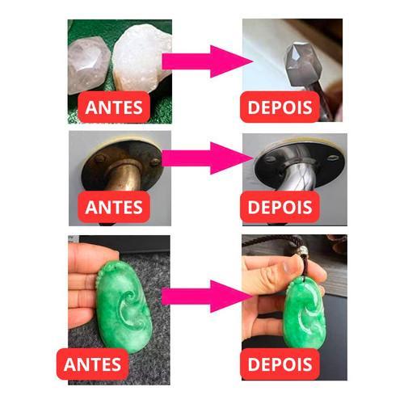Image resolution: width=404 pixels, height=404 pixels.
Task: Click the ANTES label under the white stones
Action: tap(114, 107)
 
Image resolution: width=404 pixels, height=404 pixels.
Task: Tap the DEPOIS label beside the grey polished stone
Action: tap(280, 107)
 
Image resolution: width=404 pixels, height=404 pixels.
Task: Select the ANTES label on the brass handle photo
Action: tap(114, 207)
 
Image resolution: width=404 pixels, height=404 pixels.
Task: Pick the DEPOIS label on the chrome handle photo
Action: tap(280, 207)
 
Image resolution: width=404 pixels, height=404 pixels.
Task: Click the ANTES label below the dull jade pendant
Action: tap(92, 364)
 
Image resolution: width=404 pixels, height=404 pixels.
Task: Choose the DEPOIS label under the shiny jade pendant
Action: tap(280, 364)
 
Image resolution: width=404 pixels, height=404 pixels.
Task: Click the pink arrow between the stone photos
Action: tap(208, 61)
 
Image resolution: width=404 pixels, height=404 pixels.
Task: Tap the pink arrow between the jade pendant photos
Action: tap(208, 297)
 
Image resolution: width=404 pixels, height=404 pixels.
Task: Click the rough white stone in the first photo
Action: tap(141, 58)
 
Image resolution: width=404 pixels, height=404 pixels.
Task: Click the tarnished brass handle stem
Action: tap(124, 175)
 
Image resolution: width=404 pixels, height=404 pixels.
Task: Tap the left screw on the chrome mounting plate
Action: tap(269, 159)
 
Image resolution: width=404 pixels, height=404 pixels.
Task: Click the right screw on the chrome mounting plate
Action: tap(333, 158)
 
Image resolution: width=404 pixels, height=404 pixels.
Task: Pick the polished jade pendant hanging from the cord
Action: tap(305, 314)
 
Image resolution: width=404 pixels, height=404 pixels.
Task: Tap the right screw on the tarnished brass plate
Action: tap(155, 162)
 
